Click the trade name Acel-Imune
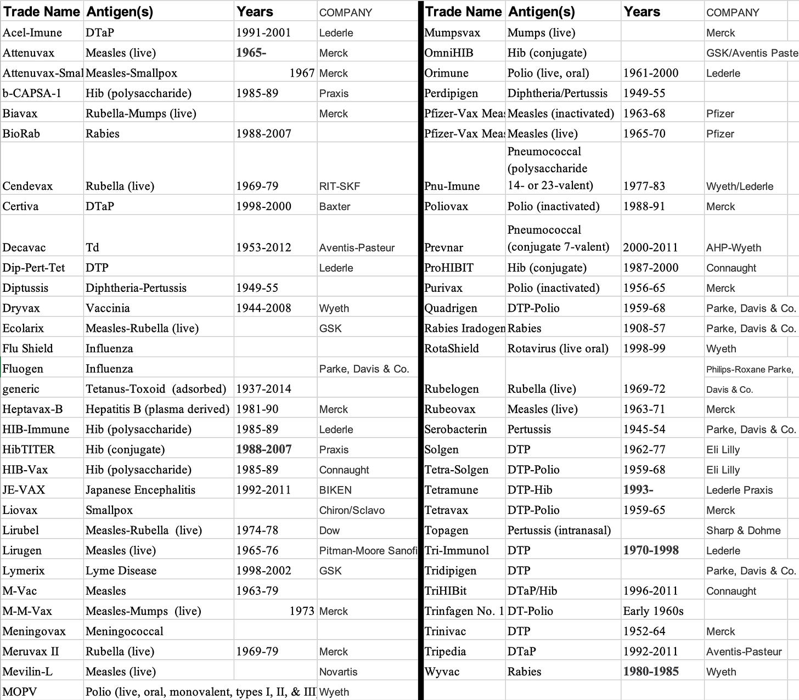[x=32, y=33]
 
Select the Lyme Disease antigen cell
[x=121, y=571]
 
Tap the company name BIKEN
[x=335, y=490]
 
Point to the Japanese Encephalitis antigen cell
[x=140, y=490]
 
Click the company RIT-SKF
[x=340, y=187]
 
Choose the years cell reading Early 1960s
[x=653, y=611]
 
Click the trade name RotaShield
[x=451, y=349]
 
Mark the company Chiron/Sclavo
[x=352, y=511]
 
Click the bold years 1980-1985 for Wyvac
[x=651, y=672]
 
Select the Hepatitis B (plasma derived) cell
[x=157, y=409]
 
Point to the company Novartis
[x=338, y=672]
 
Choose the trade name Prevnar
[x=443, y=248]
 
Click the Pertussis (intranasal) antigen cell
[x=559, y=530]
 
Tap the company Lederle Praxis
[x=739, y=490]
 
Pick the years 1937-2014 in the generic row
[x=263, y=389]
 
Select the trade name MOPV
[x=20, y=692]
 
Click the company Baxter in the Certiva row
[x=335, y=207]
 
